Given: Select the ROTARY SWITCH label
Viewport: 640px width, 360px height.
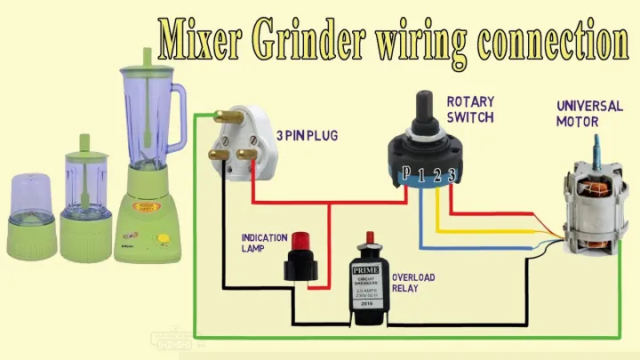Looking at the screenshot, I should coord(470,110).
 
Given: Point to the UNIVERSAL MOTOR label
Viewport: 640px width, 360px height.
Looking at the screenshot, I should coord(589,113).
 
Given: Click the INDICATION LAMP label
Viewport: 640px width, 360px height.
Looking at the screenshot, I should coord(264,244).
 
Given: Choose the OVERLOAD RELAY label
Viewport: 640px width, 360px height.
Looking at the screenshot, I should coord(413,284).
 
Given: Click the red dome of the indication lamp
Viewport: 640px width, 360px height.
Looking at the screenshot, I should coord(300,242).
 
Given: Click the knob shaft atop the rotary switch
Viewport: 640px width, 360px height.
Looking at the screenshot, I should coord(425,105).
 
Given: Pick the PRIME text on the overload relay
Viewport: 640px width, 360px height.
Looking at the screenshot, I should coord(366,269).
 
